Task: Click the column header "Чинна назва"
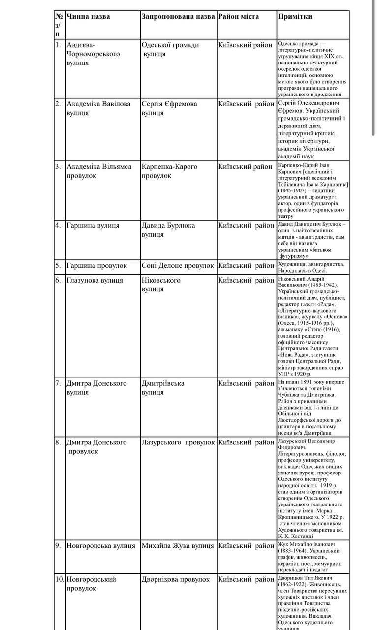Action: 88,17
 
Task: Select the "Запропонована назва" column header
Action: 178,17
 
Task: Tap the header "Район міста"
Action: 240,17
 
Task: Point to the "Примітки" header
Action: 295,17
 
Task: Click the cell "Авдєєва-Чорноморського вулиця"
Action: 93,54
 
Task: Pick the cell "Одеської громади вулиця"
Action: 170,49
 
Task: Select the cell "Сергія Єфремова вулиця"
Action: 169,108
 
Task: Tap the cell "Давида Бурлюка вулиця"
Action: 168,230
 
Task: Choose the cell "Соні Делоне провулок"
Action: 177,266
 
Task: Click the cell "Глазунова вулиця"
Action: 94,281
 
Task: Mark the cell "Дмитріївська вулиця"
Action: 163,388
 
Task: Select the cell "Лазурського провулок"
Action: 178,442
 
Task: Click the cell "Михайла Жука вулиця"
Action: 177,546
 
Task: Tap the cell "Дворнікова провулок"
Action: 175,580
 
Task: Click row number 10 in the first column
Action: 59,580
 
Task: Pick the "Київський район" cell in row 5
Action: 246,266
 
